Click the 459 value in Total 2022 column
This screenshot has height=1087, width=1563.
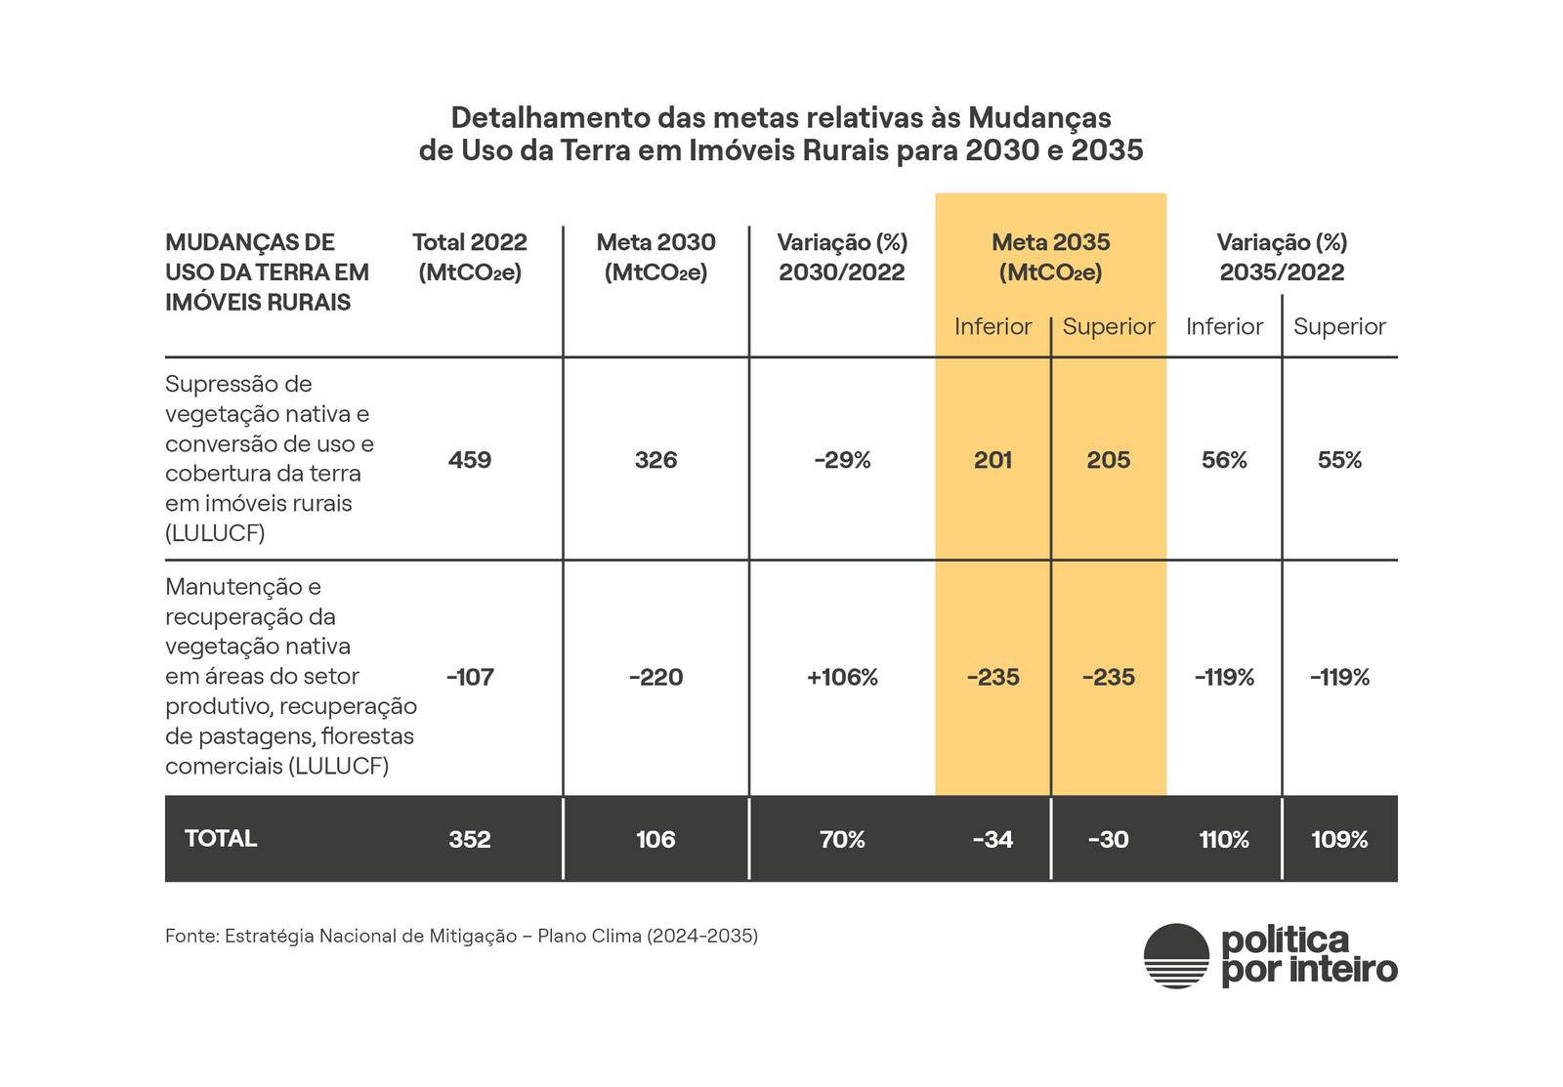click(470, 460)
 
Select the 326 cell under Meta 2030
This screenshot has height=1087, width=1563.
click(655, 460)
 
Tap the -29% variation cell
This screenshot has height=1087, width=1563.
click(842, 460)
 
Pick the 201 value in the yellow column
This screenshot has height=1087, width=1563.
click(993, 460)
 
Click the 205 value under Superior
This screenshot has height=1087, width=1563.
click(1109, 460)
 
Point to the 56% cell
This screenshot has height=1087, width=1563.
click(1224, 460)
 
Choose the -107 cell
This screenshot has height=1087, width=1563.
click(470, 677)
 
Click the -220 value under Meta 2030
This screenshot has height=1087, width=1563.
click(655, 677)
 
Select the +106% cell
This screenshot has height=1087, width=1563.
click(842, 677)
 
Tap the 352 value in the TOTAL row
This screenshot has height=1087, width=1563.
click(470, 839)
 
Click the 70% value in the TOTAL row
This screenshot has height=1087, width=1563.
click(842, 839)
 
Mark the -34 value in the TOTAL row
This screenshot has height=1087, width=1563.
click(993, 839)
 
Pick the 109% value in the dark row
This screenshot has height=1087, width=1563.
click(1339, 839)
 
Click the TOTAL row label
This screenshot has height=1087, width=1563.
click(221, 838)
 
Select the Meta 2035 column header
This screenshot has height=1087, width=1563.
click(1050, 256)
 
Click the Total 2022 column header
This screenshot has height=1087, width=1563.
click(470, 256)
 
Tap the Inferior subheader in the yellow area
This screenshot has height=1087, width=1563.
click(993, 326)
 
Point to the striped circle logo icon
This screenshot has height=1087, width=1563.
click(1176, 956)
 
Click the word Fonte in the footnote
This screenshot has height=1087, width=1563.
click(191, 936)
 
